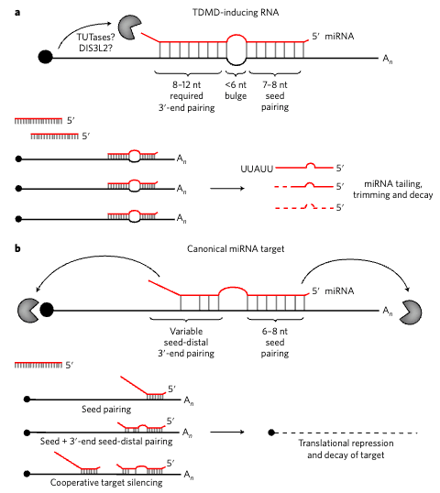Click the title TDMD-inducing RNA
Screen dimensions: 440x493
[236, 13]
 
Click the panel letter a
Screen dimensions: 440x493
[17, 13]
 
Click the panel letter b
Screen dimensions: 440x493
[17, 248]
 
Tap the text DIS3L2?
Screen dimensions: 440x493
[95, 49]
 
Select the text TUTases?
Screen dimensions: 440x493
[95, 37]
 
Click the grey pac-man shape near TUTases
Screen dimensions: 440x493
[129, 28]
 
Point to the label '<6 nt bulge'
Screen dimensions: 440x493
[236, 90]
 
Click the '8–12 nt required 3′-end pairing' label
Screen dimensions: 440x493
[186, 96]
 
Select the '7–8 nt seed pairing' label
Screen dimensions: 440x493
[275, 96]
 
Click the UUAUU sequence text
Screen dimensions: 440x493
[257, 170]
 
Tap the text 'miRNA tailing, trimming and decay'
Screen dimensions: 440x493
[393, 190]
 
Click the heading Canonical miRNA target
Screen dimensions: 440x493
[236, 249]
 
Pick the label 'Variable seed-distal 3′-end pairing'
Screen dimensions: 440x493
[186, 343]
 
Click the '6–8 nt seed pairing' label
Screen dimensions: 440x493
[275, 343]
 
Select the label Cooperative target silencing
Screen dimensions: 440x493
[106, 483]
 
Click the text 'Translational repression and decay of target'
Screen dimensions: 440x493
[346, 449]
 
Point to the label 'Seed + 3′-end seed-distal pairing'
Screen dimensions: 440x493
[106, 442]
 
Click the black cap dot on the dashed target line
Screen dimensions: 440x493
[271, 433]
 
